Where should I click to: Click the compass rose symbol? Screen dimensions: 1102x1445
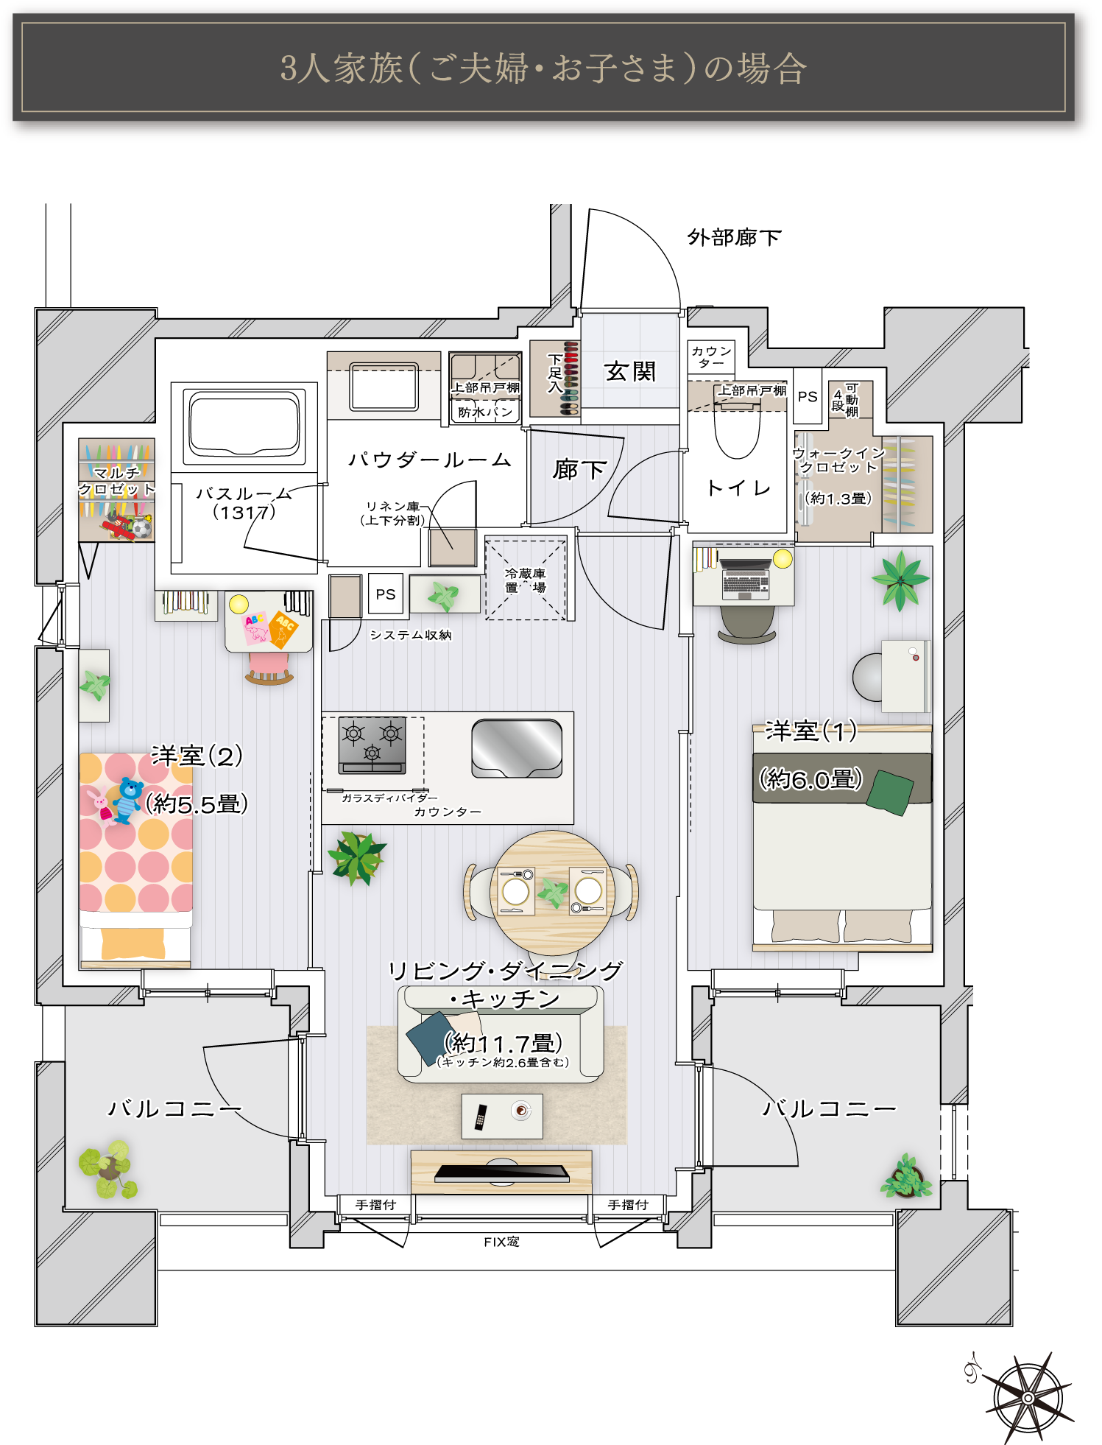(1028, 1397)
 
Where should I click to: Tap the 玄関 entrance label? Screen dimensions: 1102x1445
(630, 372)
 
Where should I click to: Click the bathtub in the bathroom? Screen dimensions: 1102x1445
(244, 424)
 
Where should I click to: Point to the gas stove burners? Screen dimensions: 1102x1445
(372, 745)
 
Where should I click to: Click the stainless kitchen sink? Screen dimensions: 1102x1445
(517, 748)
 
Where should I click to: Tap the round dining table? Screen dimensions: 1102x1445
(551, 892)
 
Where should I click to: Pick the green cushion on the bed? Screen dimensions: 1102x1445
(890, 792)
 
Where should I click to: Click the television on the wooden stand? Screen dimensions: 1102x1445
(502, 1172)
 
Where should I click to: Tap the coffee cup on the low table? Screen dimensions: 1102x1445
(521, 1110)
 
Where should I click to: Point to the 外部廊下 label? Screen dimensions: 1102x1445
(734, 237)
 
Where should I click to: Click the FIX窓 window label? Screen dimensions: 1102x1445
(501, 1242)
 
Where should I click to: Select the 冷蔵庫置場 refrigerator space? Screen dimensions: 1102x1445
(526, 580)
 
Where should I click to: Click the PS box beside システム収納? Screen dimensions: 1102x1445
(386, 594)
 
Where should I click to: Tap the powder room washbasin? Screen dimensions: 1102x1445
(384, 387)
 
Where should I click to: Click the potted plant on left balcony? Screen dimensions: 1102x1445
(108, 1170)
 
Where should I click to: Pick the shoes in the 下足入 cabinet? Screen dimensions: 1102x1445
(570, 379)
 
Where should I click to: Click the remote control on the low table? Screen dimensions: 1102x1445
(481, 1117)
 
